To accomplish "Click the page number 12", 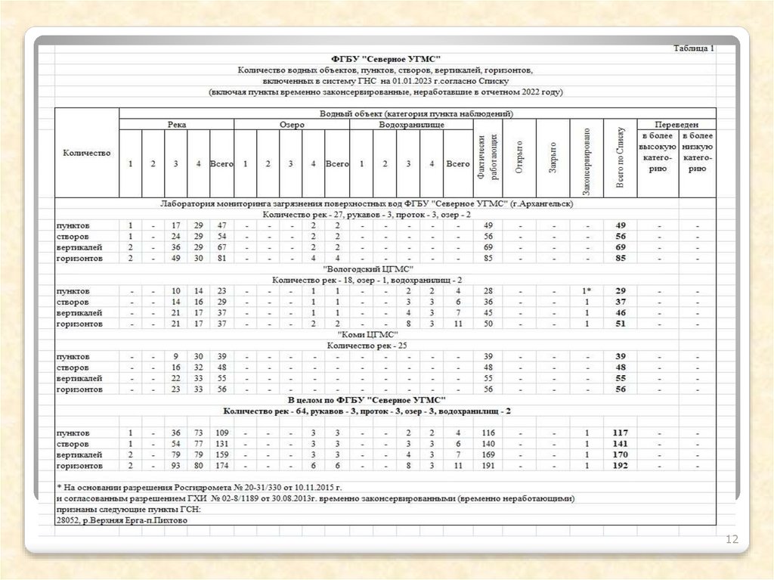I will coord(731,539).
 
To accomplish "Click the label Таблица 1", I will coord(693,48).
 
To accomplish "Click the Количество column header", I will coord(87,153).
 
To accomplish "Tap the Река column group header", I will coord(177,125).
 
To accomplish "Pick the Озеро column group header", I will coord(292,125).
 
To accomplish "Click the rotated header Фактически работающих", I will coord(488,157).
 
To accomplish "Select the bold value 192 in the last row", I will coord(620,466).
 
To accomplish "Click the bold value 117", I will coord(620,433).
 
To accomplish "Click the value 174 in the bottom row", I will coord(221,466).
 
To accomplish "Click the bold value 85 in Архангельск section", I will coord(620,259).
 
